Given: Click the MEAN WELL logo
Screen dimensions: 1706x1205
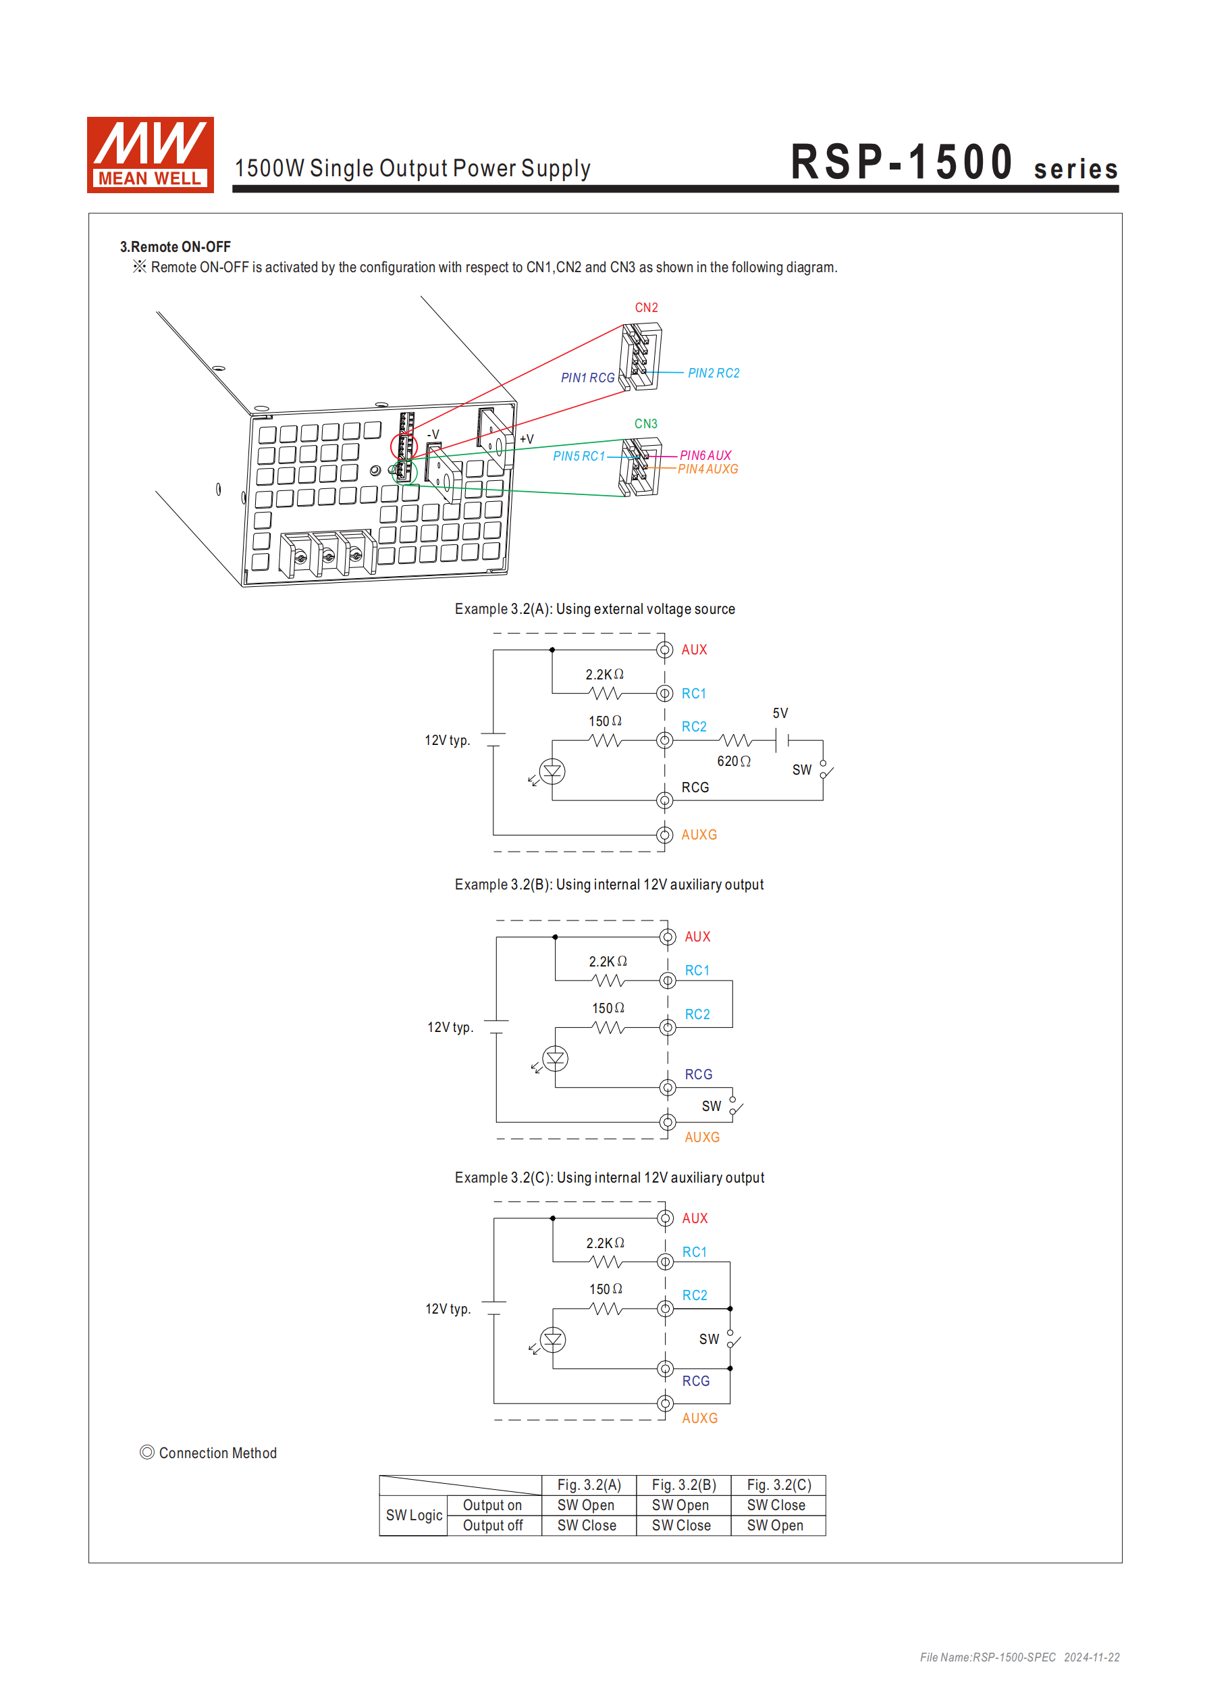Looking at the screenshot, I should [x=150, y=155].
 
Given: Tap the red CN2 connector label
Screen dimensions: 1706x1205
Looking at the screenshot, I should [x=645, y=307].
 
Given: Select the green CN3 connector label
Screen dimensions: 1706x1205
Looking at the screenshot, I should [x=645, y=423].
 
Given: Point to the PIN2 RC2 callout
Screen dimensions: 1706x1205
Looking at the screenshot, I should [x=713, y=373].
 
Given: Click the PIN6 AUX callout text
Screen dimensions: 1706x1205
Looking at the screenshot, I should [x=705, y=455].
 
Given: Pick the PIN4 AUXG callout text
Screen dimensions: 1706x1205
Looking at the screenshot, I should [x=707, y=469].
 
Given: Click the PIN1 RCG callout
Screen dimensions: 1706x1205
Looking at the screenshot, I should [x=587, y=378].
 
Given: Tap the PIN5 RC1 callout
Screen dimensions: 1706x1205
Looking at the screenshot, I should [x=578, y=457].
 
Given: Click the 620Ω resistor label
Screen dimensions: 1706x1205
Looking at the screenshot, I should [x=733, y=761].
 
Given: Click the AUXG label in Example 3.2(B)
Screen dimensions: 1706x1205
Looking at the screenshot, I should [x=701, y=1137].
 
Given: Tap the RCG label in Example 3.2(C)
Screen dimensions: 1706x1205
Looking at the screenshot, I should [x=695, y=1380].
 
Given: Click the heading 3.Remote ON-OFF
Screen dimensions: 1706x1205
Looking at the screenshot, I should [x=176, y=247].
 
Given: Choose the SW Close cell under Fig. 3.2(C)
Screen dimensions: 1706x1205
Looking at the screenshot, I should [x=776, y=1505].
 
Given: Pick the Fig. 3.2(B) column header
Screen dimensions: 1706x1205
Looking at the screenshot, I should [x=683, y=1484].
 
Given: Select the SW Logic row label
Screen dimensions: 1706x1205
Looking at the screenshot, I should [x=414, y=1515].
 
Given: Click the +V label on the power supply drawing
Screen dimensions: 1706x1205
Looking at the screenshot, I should [x=526, y=439].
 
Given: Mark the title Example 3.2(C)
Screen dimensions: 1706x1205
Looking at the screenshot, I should [x=609, y=1178].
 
